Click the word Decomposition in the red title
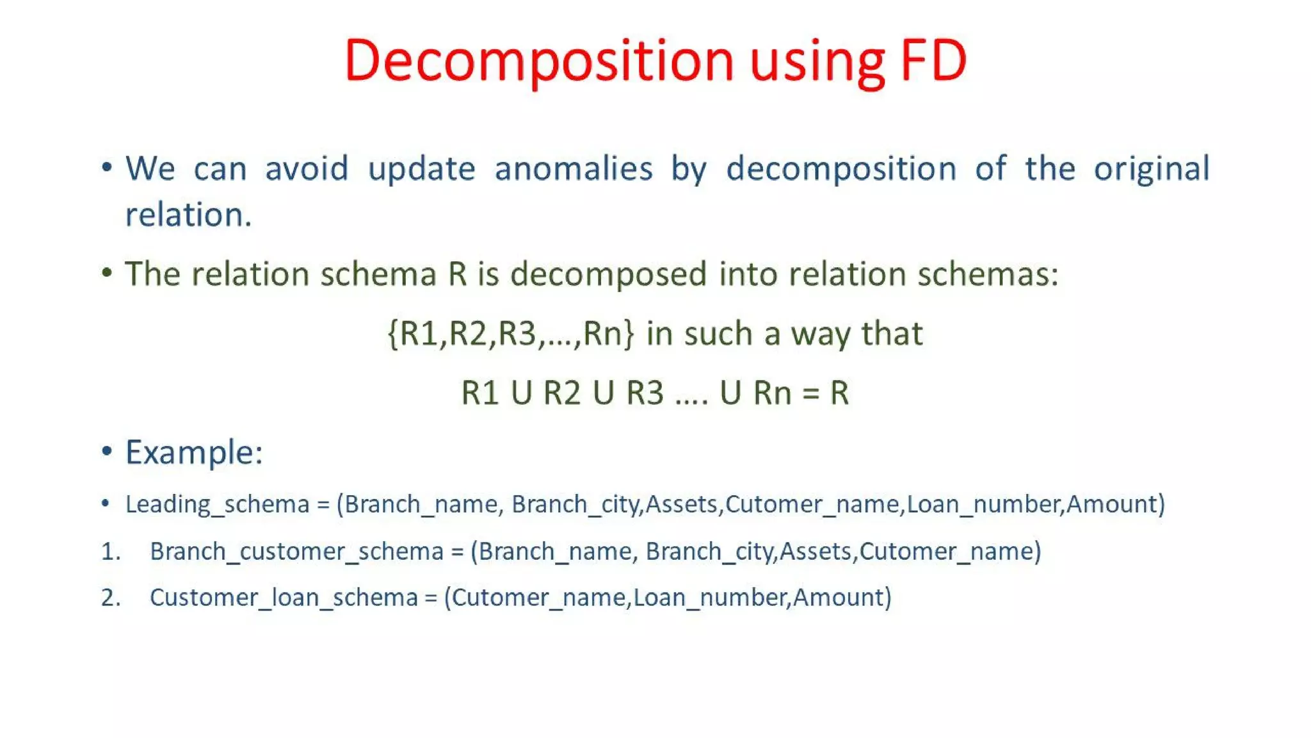[538, 61]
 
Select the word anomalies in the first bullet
[574, 168]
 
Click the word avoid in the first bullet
[307, 168]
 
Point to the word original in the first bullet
[1151, 168]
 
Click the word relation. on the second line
[188, 215]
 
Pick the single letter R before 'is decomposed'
[458, 274]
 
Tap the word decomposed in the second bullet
[608, 274]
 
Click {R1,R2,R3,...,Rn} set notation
[511, 334]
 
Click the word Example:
[194, 452]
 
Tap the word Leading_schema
[217, 505]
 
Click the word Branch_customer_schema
[296, 552]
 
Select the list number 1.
[110, 552]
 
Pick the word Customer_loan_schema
[284, 598]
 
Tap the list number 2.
[110, 598]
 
